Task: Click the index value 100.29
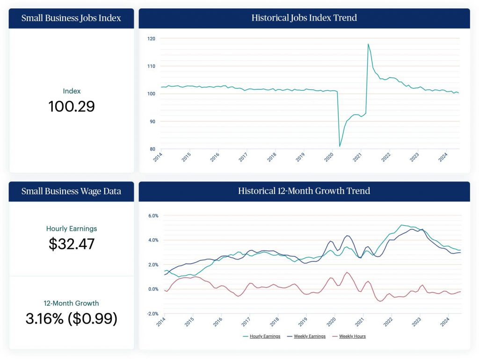tap(72, 106)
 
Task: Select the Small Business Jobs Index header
tap(71, 18)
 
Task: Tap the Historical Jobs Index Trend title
tap(304, 18)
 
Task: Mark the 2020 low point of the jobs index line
tap(340, 146)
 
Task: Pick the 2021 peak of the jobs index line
tap(368, 44)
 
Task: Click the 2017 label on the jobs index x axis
tap(243, 157)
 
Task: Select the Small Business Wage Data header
tap(71, 191)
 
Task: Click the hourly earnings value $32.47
tap(72, 244)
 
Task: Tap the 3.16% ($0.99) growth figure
tap(72, 318)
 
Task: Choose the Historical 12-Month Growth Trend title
tap(304, 191)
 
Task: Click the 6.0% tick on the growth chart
tap(153, 216)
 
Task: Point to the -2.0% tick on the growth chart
tap(152, 314)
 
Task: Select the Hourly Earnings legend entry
tap(261, 336)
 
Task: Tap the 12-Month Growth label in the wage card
tap(72, 303)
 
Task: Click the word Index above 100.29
tap(72, 91)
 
